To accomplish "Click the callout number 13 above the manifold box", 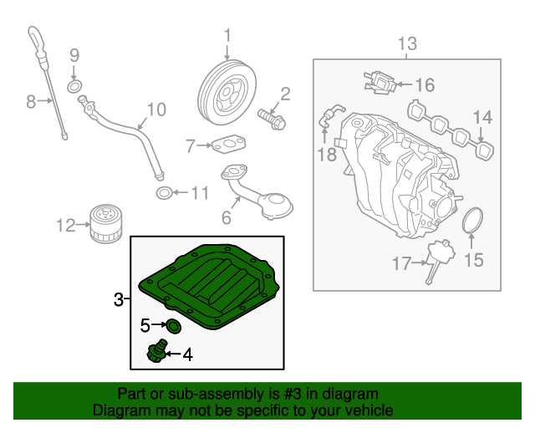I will [406, 43].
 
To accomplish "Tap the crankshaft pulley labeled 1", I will [227, 91].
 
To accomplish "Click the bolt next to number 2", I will [272, 118].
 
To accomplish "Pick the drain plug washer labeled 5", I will [173, 324].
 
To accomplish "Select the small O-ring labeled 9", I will [74, 86].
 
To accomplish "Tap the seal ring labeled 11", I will [166, 194].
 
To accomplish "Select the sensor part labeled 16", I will [377, 82].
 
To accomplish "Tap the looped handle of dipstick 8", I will [33, 38].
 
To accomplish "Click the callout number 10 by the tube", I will [156, 110].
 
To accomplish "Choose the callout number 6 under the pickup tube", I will [226, 219].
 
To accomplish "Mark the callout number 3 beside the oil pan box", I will [119, 298].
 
